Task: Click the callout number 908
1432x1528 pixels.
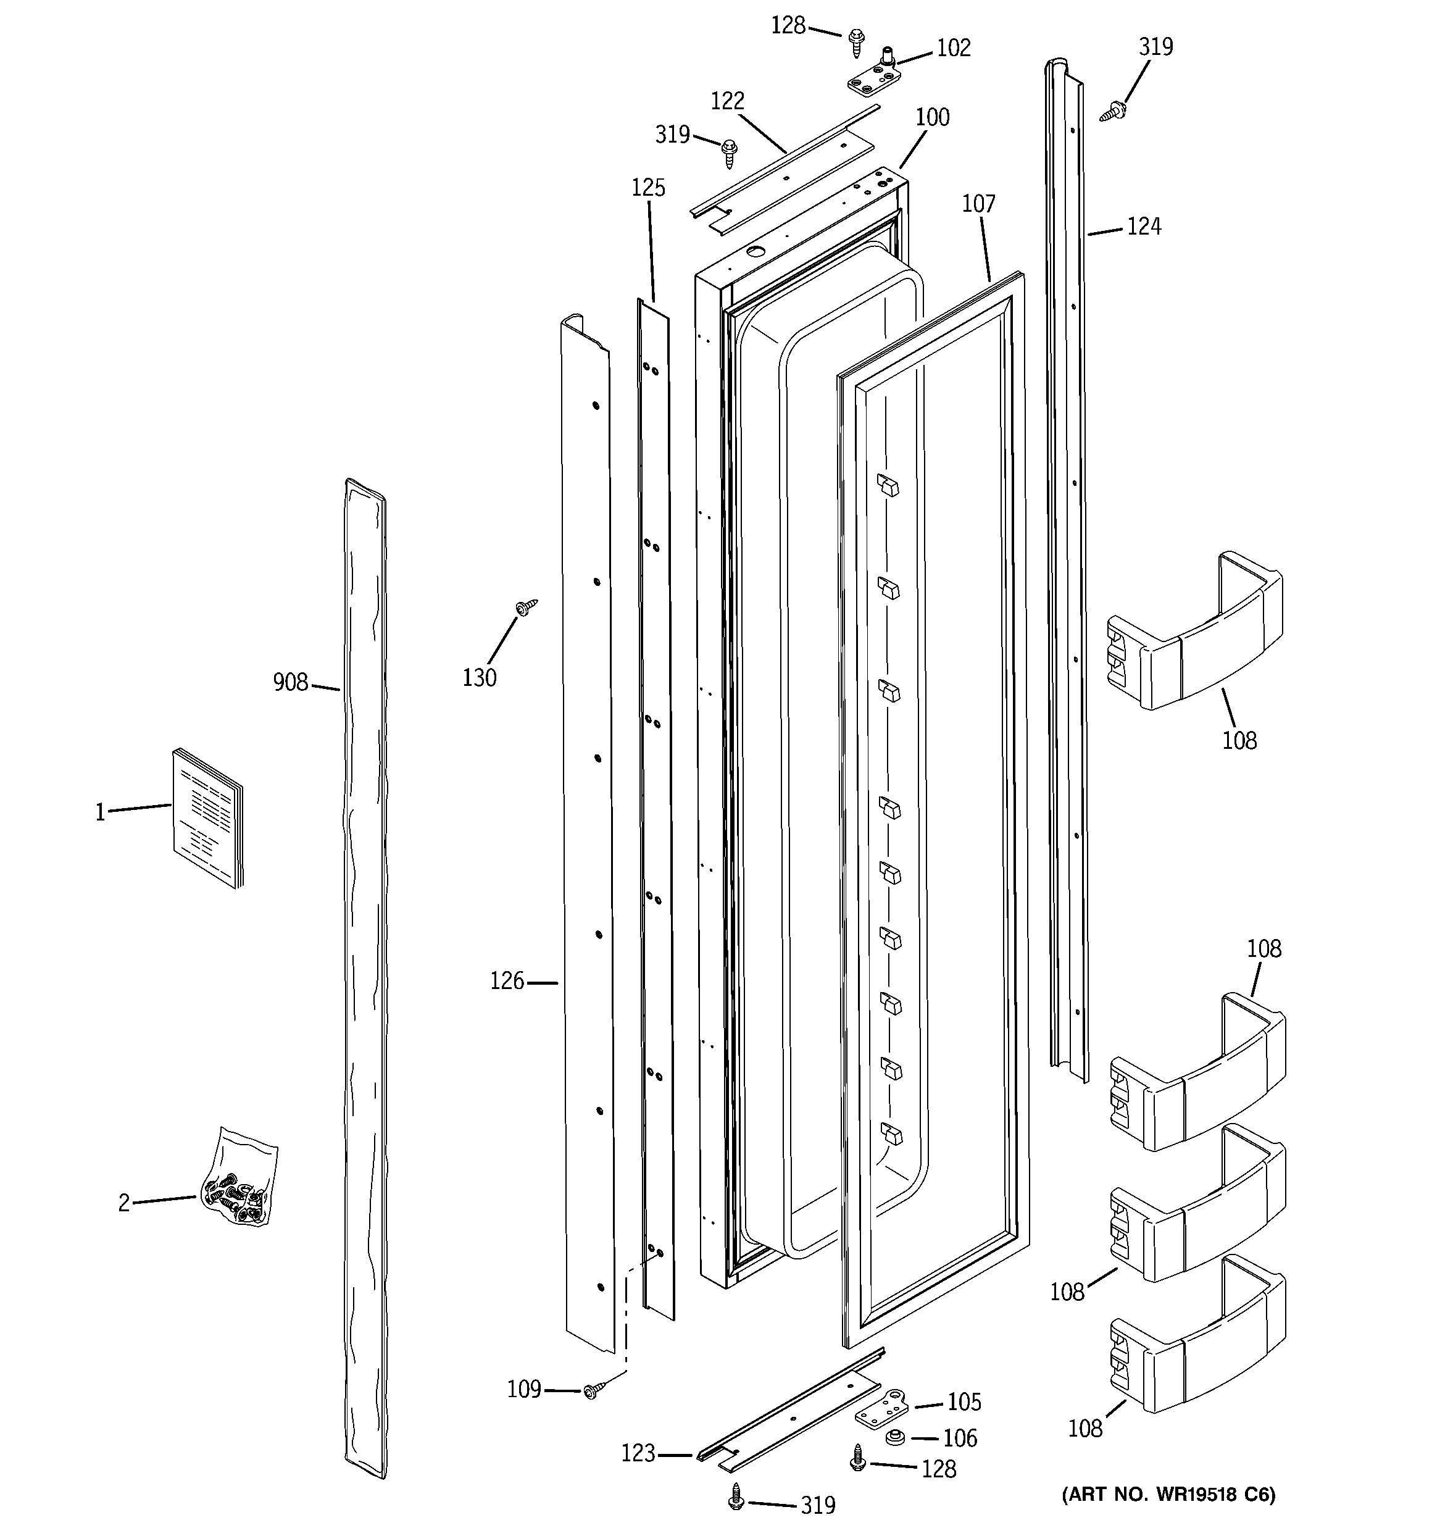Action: [x=289, y=683]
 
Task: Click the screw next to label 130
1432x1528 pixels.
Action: [x=526, y=607]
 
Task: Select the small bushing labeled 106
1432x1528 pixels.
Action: [x=894, y=1437]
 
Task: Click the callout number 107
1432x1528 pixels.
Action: [x=978, y=204]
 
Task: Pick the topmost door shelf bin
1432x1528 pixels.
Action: [x=1195, y=630]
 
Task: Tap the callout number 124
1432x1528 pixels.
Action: [x=1143, y=227]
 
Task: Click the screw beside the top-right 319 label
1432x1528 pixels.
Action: [x=1112, y=111]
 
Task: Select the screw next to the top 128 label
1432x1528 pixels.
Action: [x=856, y=41]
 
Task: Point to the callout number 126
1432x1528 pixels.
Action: [x=507, y=982]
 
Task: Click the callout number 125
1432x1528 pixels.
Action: [x=648, y=188]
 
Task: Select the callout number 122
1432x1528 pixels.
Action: [x=727, y=101]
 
